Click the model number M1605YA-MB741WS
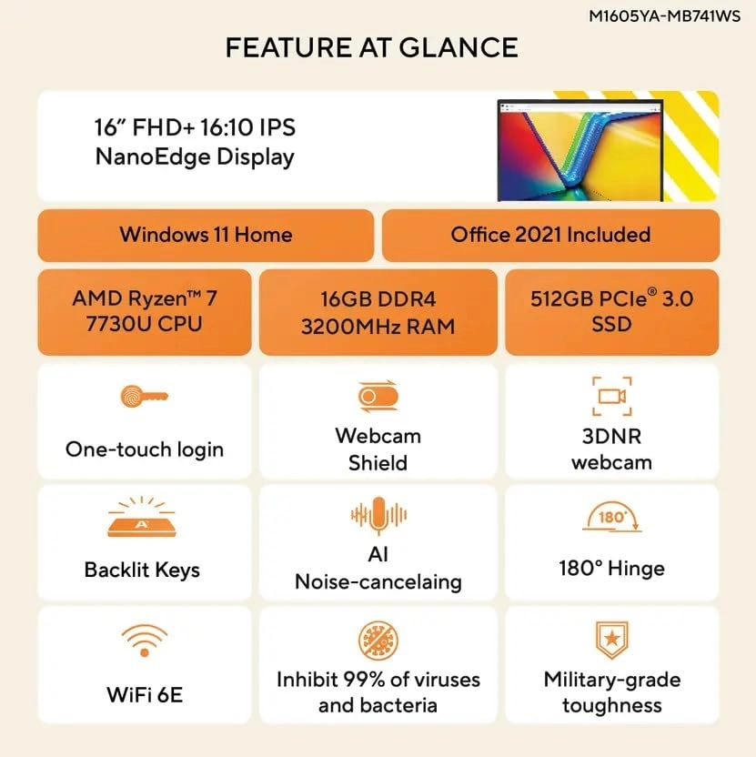(664, 16)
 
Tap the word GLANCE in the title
(459, 47)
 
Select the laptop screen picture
(580, 150)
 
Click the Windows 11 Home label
(206, 235)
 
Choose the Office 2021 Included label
(550, 235)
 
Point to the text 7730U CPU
(144, 324)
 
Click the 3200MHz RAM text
(378, 327)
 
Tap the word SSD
(611, 324)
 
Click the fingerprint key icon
(144, 397)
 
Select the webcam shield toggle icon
(378, 397)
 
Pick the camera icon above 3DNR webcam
(611, 397)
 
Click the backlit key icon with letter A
(141, 517)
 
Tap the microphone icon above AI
(378, 516)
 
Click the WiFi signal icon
(145, 641)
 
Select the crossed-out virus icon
(378, 641)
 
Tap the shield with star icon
(611, 641)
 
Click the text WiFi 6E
(145, 695)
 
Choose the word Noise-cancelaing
(378, 581)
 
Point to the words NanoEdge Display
(195, 157)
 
